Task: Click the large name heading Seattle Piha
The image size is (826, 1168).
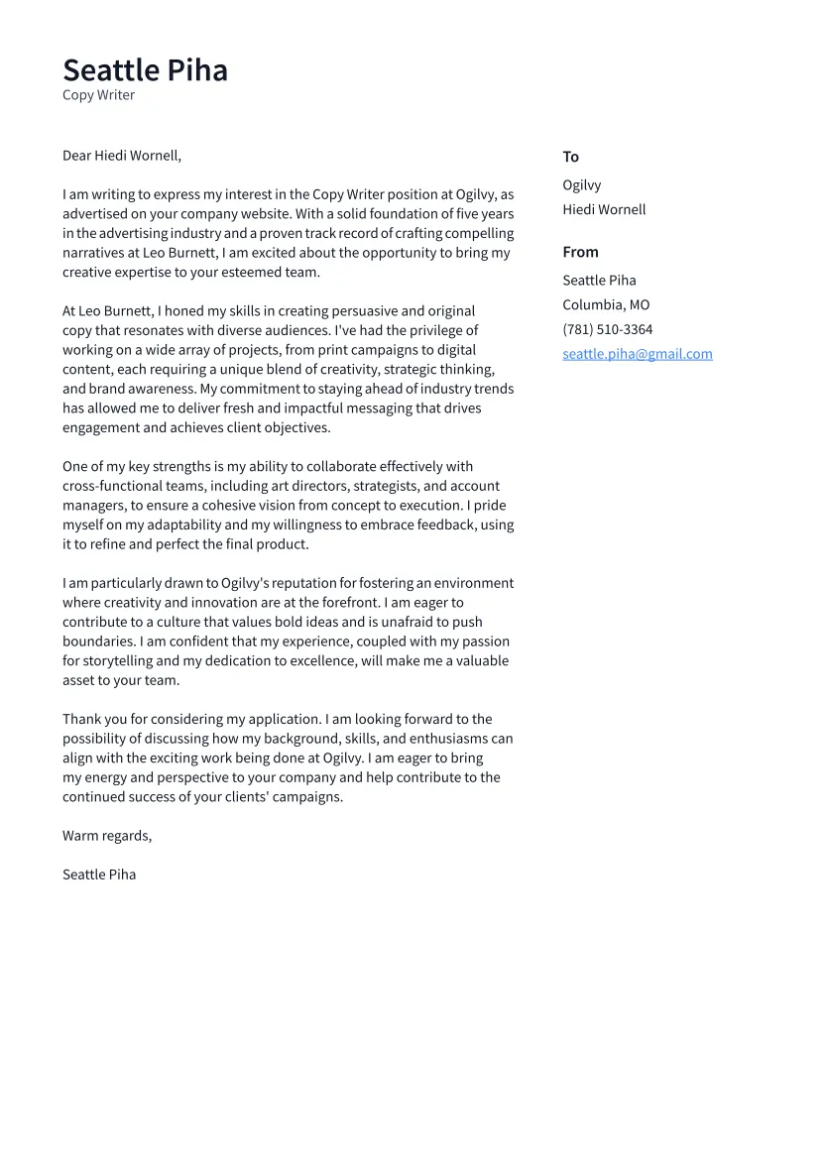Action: click(x=145, y=70)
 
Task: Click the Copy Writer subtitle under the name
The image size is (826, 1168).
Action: click(x=98, y=95)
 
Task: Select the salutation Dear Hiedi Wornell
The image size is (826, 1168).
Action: click(x=122, y=156)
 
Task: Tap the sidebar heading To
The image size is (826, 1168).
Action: click(x=570, y=157)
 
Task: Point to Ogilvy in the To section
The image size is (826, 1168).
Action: click(x=581, y=185)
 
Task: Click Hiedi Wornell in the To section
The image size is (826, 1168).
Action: click(x=604, y=210)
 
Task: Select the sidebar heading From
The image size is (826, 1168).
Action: click(x=580, y=252)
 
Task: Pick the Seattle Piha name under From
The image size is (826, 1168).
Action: click(x=599, y=281)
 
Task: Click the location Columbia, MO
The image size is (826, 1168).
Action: click(x=606, y=305)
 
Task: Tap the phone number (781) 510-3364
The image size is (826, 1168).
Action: click(x=607, y=330)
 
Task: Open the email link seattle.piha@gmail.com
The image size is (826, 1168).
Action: click(x=637, y=354)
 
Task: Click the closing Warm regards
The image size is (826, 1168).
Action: click(x=107, y=836)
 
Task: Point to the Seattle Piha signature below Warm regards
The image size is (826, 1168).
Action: click(x=99, y=875)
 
